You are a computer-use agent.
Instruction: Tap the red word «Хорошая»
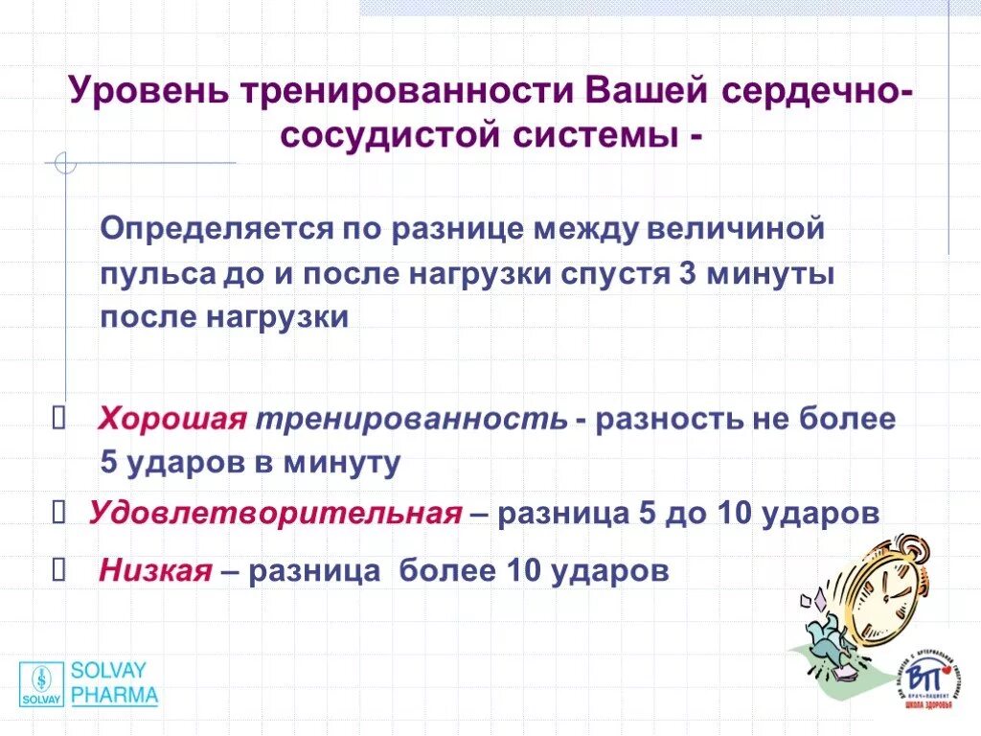pos(173,419)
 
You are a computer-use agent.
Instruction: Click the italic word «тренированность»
pos(412,419)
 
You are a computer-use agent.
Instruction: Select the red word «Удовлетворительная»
pos(276,513)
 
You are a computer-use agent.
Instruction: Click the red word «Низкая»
pos(154,572)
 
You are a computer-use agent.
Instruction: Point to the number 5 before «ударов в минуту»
pos(109,464)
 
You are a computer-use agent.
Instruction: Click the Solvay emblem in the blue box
pos(41,682)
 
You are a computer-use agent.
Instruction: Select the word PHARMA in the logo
pos(115,696)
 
